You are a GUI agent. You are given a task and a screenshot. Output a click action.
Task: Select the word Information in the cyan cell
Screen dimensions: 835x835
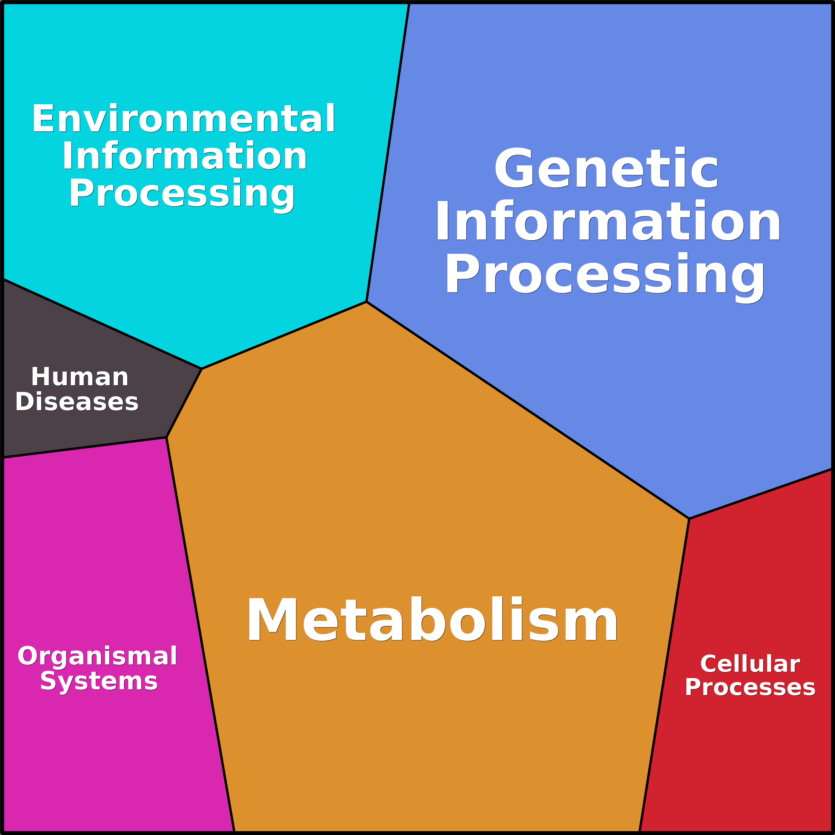pos(184,156)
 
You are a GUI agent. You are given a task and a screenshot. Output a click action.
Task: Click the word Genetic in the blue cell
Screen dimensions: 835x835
pos(606,169)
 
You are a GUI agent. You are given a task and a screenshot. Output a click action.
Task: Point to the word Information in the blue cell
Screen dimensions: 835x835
pos(608,221)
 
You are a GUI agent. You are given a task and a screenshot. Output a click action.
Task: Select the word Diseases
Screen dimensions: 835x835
pos(77,402)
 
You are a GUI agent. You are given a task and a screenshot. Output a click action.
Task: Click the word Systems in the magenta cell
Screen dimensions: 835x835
pos(99,681)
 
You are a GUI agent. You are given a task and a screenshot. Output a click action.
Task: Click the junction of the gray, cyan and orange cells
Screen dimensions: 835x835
pos(202,369)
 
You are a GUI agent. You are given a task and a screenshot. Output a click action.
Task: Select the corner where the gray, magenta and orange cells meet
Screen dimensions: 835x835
pos(167,437)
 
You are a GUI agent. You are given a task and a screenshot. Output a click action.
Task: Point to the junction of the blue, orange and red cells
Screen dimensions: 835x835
pos(689,518)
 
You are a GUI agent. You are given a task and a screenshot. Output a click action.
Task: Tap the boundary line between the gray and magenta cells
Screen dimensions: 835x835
pos(84,447)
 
